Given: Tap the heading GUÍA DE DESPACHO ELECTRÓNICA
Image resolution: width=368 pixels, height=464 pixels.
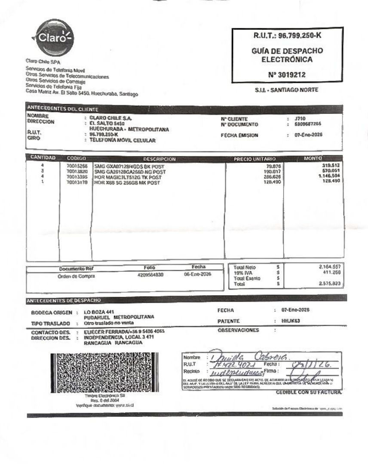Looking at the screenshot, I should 287,55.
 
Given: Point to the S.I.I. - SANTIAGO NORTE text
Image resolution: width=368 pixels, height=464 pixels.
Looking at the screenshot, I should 287,90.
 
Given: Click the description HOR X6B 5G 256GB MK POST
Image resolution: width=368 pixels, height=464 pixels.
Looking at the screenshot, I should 127,183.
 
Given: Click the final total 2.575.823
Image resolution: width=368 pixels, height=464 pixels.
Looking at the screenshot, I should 329,284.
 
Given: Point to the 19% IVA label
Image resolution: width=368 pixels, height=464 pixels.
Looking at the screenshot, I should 242,272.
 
